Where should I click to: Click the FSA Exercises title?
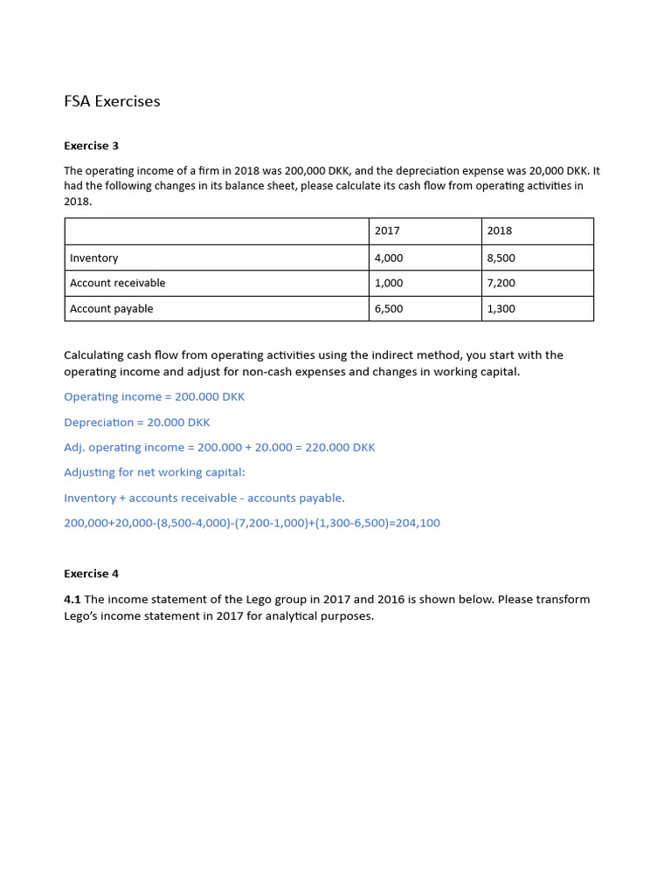click(112, 101)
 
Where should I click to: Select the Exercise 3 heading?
click(91, 146)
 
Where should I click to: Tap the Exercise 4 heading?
click(91, 574)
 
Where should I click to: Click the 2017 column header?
click(387, 230)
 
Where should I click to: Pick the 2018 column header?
click(500, 230)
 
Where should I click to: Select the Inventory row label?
click(93, 258)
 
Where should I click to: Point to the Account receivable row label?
click(117, 283)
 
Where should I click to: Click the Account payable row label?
click(111, 308)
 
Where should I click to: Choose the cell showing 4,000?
click(389, 258)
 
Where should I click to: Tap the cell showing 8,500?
click(501, 258)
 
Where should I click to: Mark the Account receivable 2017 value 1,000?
click(389, 283)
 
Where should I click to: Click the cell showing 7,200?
click(501, 283)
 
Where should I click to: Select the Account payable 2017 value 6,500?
click(389, 308)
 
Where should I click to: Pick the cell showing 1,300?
click(501, 308)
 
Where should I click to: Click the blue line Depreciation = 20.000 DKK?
click(136, 422)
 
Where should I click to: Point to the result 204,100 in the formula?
click(419, 523)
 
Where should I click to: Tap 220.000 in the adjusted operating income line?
click(329, 447)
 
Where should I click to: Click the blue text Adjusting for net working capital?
click(155, 472)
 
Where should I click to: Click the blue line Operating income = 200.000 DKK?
click(154, 396)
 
